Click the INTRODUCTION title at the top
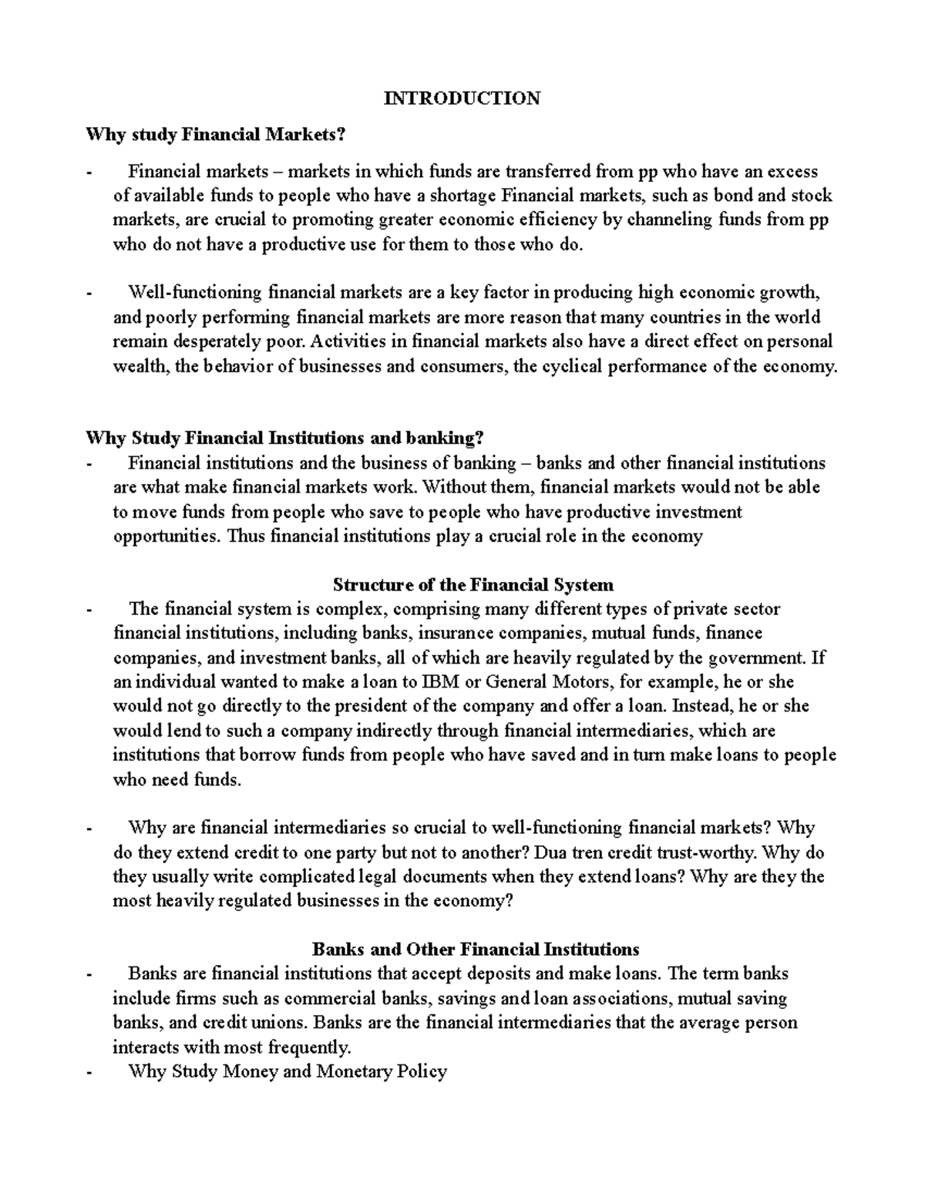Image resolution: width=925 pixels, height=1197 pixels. click(462, 99)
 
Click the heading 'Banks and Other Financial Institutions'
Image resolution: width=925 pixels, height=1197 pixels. click(475, 949)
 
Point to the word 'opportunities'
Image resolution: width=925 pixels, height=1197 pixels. click(166, 536)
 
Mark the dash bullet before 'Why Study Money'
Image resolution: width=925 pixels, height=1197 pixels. click(91, 1071)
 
